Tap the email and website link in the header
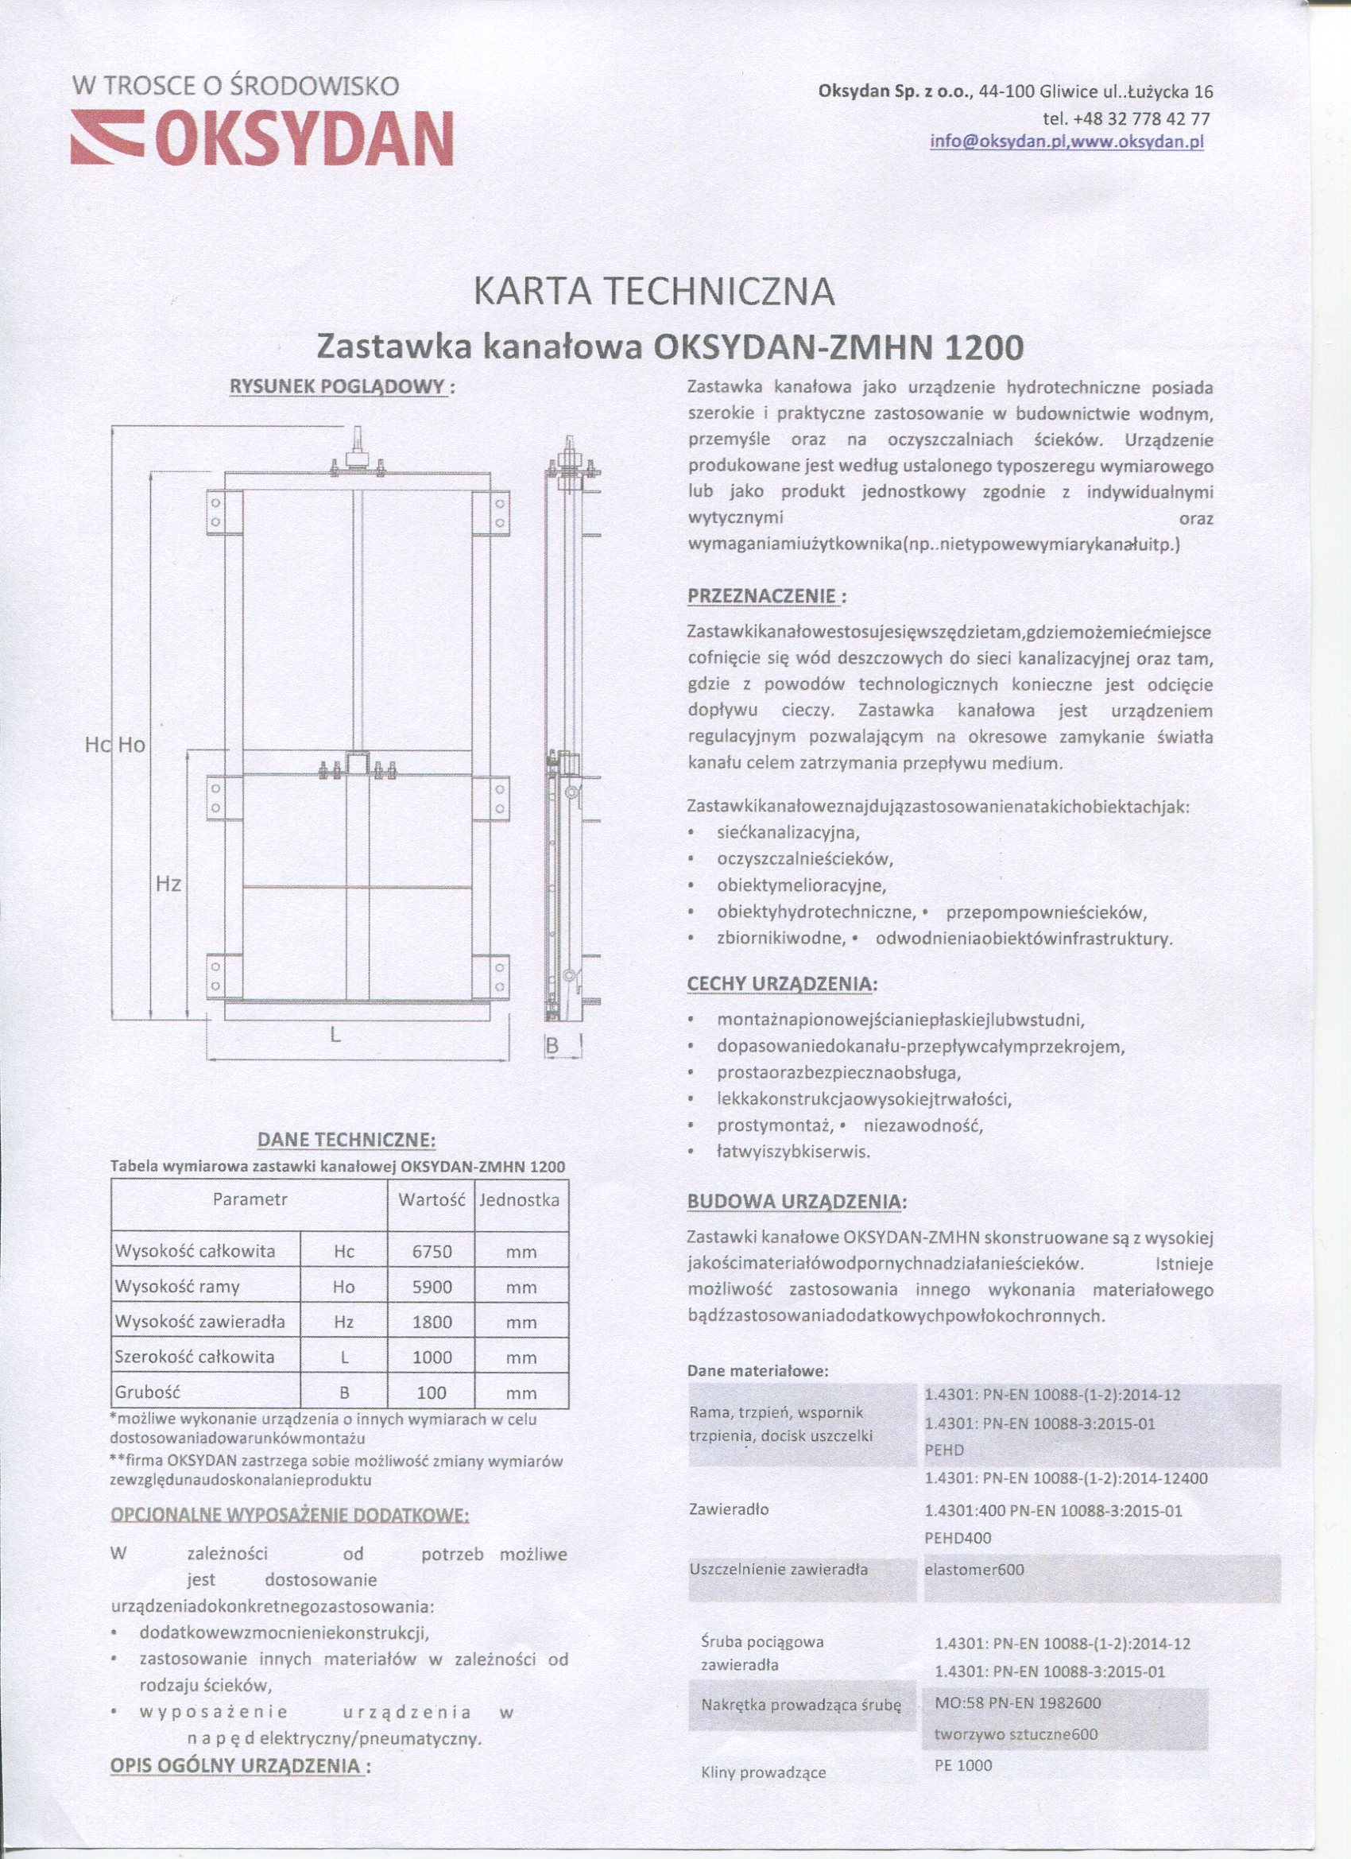click(x=1066, y=141)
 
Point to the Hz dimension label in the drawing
click(x=168, y=885)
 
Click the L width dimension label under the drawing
click(x=335, y=1035)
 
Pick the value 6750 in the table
click(x=432, y=1252)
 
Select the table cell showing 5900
click(x=432, y=1287)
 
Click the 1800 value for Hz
click(x=432, y=1322)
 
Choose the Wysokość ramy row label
click(x=177, y=1287)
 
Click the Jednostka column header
click(x=520, y=1200)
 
